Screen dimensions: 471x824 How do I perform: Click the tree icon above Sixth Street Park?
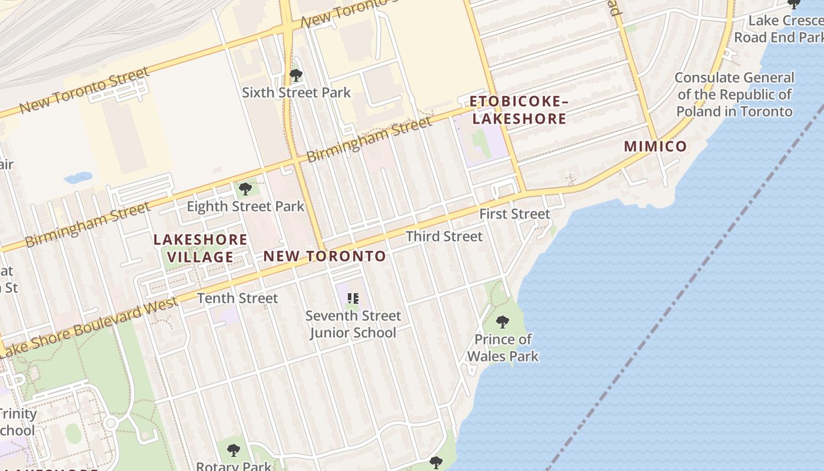[x=296, y=75]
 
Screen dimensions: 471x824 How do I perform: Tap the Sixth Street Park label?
[x=296, y=92]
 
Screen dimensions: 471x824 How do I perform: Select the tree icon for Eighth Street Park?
[x=245, y=189]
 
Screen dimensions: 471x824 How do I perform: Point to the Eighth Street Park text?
[x=245, y=206]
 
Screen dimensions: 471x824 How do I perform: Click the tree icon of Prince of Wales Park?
[x=503, y=321]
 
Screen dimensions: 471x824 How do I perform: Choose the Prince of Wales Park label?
[x=503, y=347]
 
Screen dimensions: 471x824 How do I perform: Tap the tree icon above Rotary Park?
[x=234, y=450]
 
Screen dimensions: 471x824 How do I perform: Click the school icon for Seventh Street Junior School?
[x=353, y=298]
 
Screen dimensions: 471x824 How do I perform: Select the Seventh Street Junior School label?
[x=353, y=324]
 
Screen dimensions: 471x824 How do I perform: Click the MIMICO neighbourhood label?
[x=655, y=146]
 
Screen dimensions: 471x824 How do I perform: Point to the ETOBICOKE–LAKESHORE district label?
[x=519, y=110]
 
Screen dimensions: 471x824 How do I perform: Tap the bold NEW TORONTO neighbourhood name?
[x=324, y=256]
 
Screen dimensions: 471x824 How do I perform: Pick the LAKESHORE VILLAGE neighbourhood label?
[x=200, y=248]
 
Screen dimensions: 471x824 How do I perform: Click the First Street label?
[x=514, y=214]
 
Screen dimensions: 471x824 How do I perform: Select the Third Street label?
[x=444, y=236]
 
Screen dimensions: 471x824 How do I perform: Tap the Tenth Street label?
[x=237, y=298]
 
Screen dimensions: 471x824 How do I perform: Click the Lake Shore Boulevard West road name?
[x=88, y=329]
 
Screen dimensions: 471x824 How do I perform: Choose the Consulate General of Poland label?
[x=734, y=94]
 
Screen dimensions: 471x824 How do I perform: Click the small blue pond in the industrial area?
[x=78, y=177]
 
